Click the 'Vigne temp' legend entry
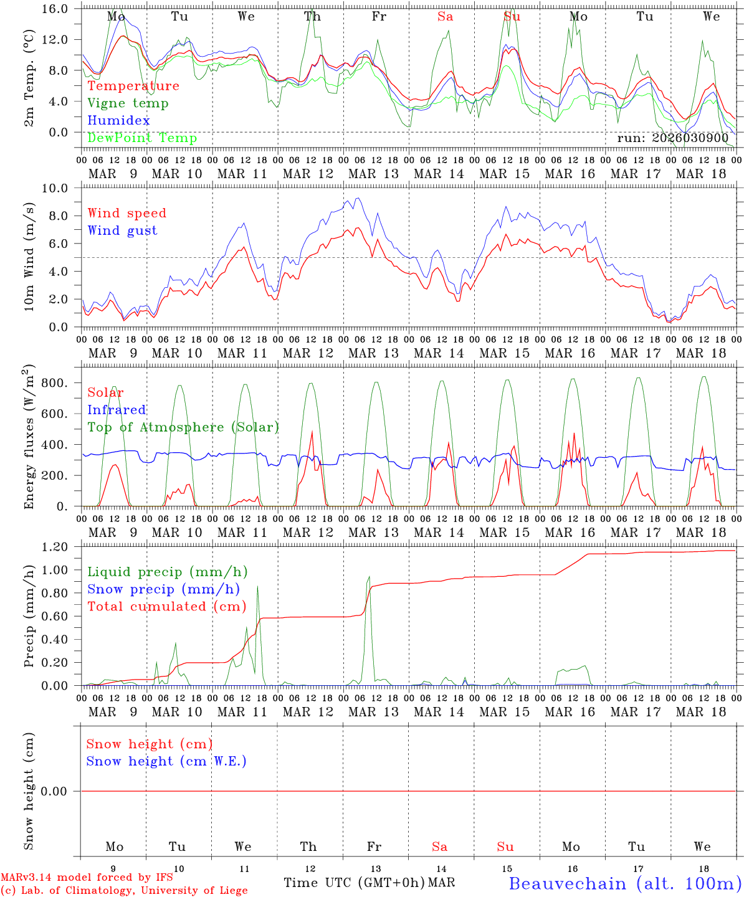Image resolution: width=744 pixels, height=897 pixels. coord(128,103)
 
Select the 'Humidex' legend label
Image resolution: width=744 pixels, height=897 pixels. coord(118,121)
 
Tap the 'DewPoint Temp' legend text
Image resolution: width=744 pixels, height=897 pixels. coord(142,138)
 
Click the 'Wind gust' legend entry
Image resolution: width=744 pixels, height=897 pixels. coord(122,230)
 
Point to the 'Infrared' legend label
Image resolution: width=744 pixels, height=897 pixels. coord(117,410)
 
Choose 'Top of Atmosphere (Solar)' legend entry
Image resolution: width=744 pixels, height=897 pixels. coord(183,427)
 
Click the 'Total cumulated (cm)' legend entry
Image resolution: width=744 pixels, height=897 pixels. coord(166,607)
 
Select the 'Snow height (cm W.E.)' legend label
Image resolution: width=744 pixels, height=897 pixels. coord(166,761)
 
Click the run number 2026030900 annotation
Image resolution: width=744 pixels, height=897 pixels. coord(672,138)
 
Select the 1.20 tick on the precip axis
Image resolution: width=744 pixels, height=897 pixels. coord(54,547)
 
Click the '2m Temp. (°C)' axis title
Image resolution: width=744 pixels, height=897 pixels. coord(29,77)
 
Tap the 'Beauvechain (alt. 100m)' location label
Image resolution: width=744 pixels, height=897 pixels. coord(625,883)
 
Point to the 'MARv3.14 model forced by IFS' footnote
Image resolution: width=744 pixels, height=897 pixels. coord(87,877)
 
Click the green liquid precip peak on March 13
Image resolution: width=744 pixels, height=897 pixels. coord(369,577)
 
